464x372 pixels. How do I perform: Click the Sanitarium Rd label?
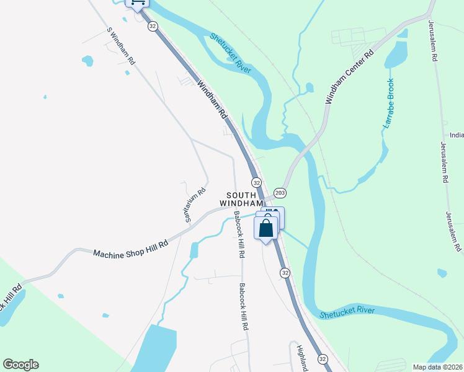[x=194, y=205]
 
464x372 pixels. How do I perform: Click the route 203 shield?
[x=280, y=193]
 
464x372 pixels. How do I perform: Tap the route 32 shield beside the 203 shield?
[x=257, y=182]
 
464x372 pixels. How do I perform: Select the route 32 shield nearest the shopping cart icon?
[x=153, y=26]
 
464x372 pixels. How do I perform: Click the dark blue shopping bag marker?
[x=266, y=228]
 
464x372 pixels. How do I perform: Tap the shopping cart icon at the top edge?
[x=137, y=3]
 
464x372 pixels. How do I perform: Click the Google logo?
[x=20, y=365]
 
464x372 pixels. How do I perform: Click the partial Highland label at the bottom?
[x=302, y=358]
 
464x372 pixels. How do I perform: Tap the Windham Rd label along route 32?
[x=212, y=100]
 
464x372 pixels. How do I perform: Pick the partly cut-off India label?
[x=457, y=135]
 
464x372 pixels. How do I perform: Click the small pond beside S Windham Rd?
[x=87, y=61]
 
